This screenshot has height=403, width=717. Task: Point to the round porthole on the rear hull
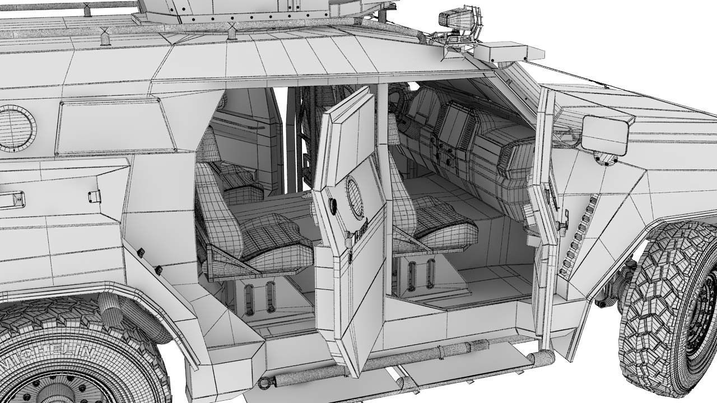point(14,128)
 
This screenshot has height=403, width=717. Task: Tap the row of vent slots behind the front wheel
point(578,235)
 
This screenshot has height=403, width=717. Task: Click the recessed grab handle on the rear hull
point(11,199)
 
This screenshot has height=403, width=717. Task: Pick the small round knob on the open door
point(332,205)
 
